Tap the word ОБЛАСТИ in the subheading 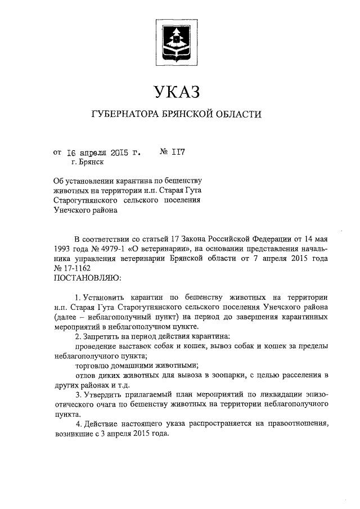(238, 115)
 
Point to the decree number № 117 (173, 152)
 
